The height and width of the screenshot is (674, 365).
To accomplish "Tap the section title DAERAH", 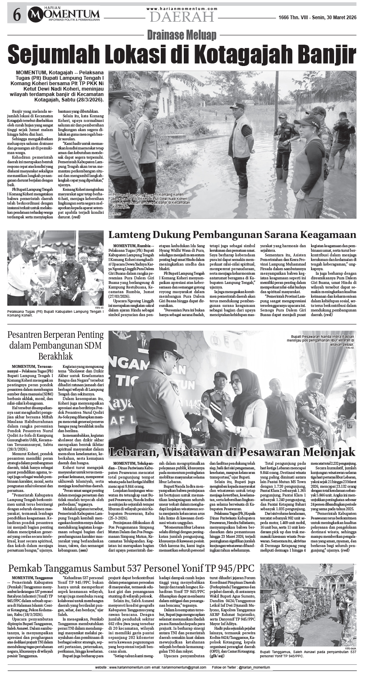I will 182,17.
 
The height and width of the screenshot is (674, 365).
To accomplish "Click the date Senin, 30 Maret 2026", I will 334,17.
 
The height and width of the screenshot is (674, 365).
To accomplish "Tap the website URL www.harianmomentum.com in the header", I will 182,8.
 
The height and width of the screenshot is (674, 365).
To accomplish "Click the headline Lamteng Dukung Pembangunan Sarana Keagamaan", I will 232,234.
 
